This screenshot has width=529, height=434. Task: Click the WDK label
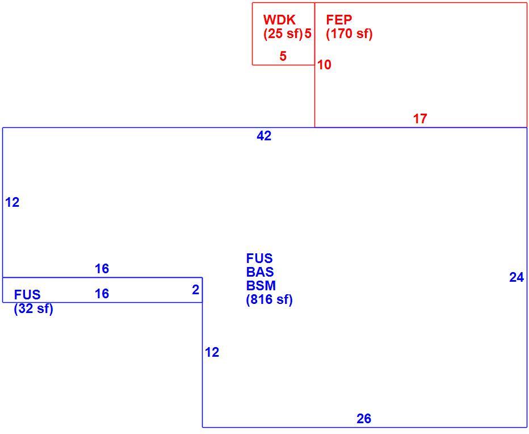[279, 20]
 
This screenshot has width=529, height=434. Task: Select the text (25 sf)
[283, 34]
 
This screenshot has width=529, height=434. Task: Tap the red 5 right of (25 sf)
[308, 34]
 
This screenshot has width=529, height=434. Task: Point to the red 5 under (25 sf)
[283, 56]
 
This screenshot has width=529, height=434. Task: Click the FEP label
[339, 20]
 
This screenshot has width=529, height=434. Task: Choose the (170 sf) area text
[349, 34]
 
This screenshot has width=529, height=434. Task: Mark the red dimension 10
[324, 65]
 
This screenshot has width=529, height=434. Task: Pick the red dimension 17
[420, 119]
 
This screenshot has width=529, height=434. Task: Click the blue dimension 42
[264, 136]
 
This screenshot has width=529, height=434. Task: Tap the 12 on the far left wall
[12, 203]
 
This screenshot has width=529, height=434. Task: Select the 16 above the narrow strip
[102, 269]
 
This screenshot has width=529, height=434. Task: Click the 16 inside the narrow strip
[102, 294]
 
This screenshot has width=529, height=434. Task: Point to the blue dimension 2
[196, 290]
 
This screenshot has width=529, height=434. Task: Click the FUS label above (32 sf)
[27, 295]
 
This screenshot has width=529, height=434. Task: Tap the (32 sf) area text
[33, 308]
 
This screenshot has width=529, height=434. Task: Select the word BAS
[260, 272]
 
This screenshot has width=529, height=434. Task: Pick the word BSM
[261, 286]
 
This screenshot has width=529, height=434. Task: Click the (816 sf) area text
[269, 299]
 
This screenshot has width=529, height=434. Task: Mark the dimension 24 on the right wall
[517, 278]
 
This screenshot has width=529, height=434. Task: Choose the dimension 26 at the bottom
[364, 419]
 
